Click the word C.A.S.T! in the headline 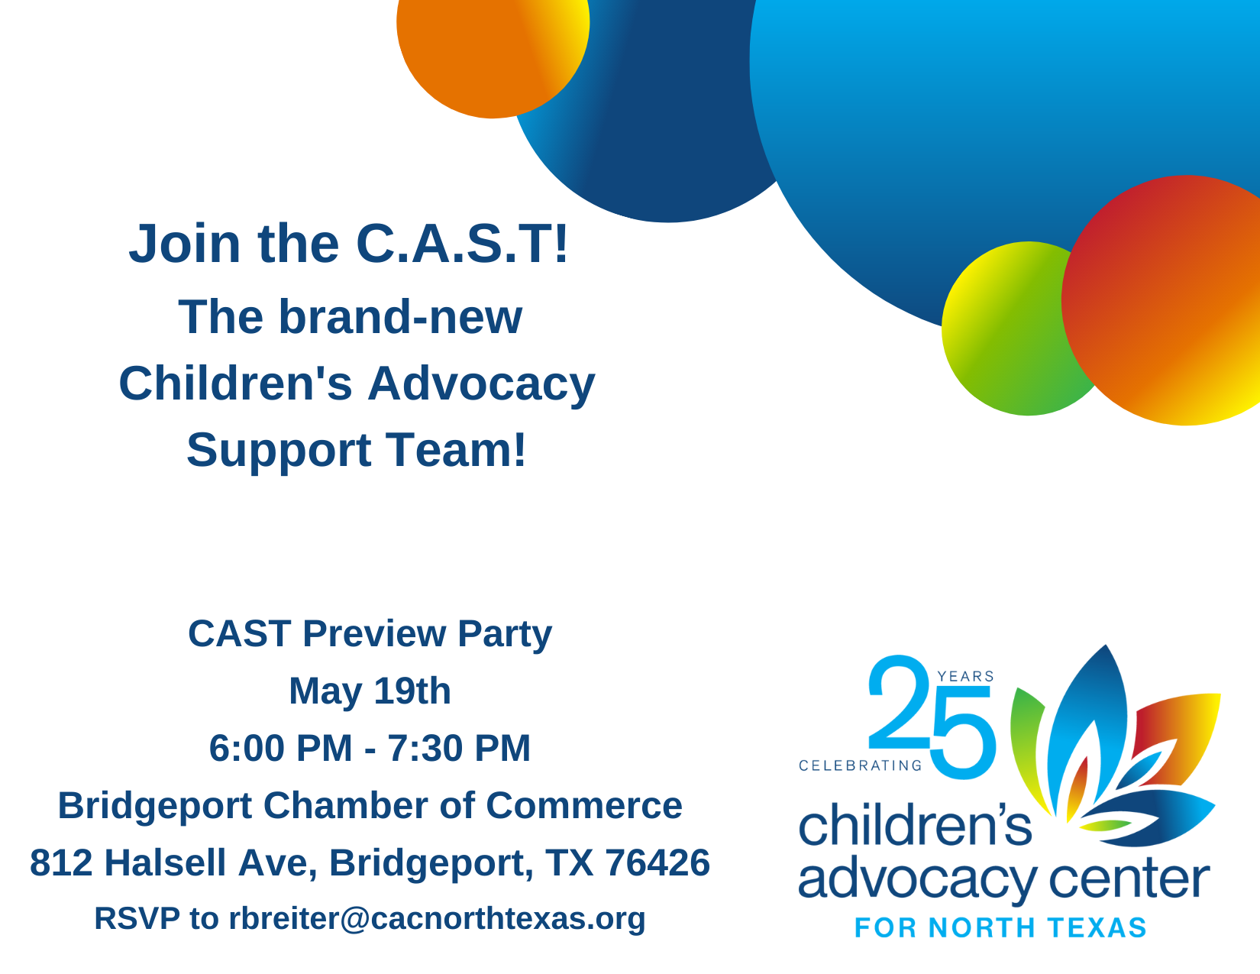coord(462,244)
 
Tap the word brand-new coord(400,317)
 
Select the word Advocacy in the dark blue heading coord(481,383)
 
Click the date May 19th coord(370,691)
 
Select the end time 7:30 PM coord(459,749)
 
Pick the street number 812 coord(61,863)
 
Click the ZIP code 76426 coord(657,863)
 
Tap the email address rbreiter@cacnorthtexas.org coord(437,919)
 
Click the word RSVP coord(137,919)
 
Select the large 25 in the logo coord(932,718)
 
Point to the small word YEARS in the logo coord(965,677)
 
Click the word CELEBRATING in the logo coord(860,765)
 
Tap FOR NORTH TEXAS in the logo coord(1000,928)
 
